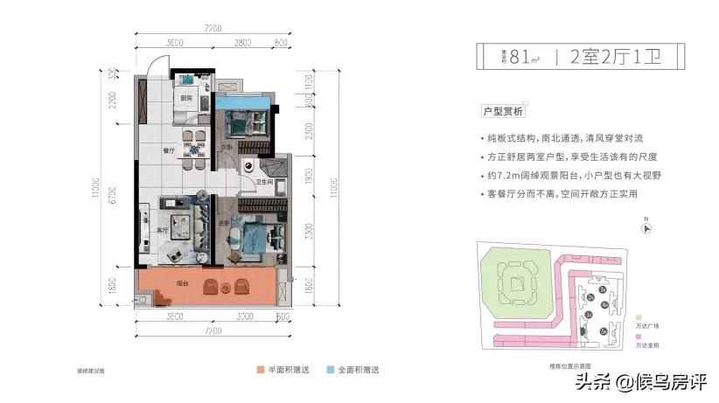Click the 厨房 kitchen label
[x=185, y=98]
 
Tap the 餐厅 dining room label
[x=169, y=150]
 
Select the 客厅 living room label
[x=161, y=230]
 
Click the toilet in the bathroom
[x=251, y=165]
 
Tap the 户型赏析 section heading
[x=503, y=111]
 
